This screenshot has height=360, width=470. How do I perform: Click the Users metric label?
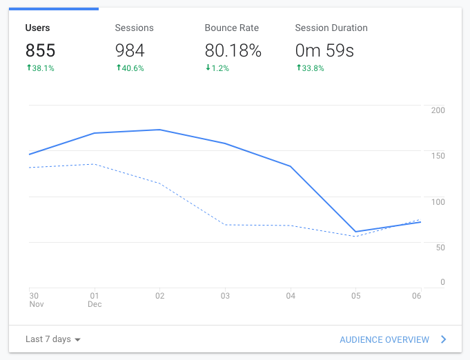pos(37,28)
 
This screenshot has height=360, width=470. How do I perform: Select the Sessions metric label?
pos(134,28)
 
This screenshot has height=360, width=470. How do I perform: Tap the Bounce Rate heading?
pos(232,28)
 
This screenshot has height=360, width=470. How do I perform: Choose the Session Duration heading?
pos(331,28)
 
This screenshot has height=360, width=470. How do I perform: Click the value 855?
pos(41,50)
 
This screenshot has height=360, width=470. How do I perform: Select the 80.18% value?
pos(233,50)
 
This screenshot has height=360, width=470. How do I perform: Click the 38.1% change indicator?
pos(40,68)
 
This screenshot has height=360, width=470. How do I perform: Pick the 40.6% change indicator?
pos(130,68)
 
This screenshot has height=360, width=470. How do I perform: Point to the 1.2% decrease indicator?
pos(218,68)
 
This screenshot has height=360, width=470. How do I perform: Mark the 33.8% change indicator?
pos(309,68)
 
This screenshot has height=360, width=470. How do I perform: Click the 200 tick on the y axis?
pos(438,110)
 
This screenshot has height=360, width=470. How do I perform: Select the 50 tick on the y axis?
pos(440,247)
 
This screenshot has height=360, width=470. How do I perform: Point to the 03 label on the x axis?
pos(225,296)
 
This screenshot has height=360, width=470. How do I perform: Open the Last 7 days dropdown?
pos(53,339)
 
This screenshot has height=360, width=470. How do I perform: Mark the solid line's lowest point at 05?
pos(355,232)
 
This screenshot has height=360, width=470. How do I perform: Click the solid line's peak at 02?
pos(159,130)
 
